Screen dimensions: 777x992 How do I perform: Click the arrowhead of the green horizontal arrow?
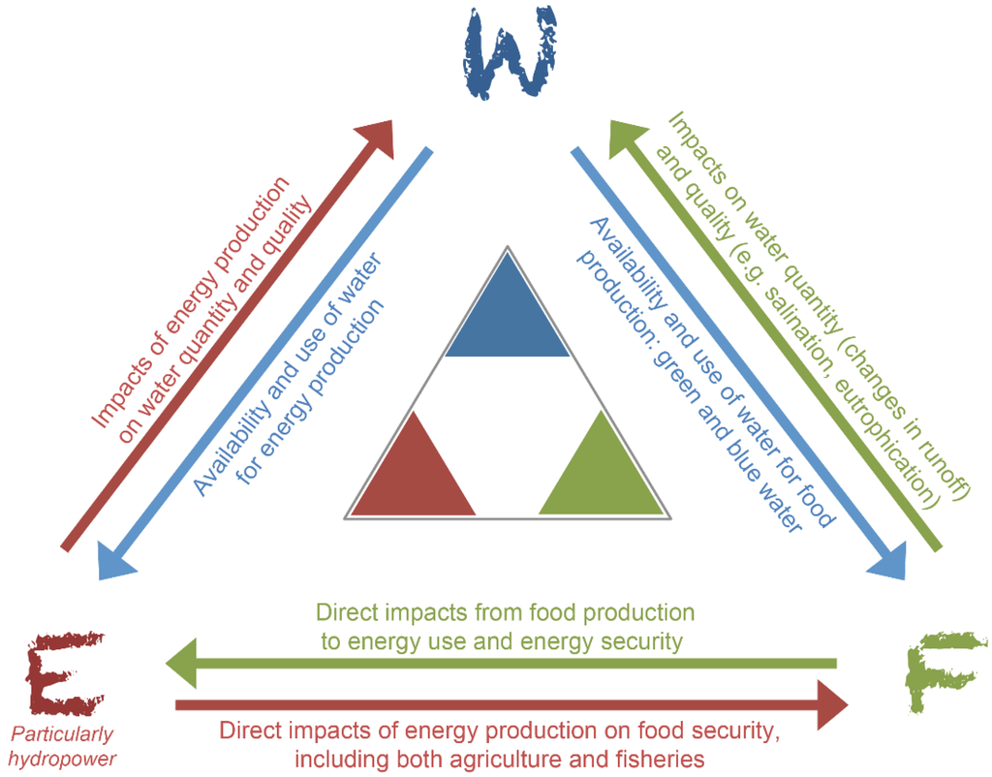[182, 664]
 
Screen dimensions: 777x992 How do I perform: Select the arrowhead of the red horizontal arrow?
[832, 704]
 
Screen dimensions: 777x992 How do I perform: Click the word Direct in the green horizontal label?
[344, 613]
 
